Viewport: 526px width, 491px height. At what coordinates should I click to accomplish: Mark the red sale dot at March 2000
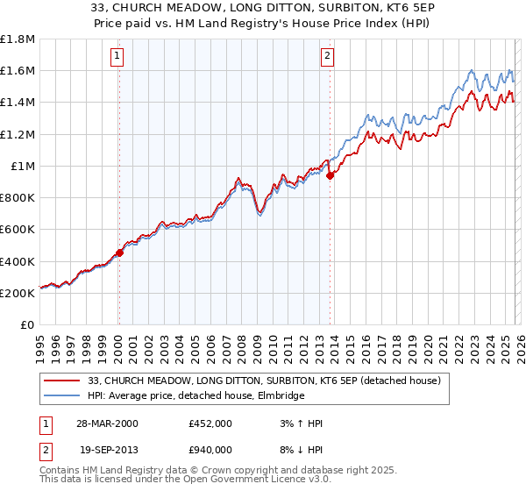coord(119,253)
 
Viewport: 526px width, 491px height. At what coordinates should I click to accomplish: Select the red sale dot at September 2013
coord(330,175)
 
